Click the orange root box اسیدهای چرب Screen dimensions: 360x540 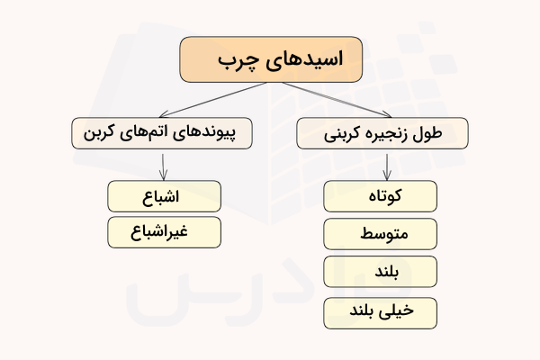tap(270, 59)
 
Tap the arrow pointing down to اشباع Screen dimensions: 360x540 tap(163, 166)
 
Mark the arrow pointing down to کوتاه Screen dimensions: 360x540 tap(386, 166)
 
